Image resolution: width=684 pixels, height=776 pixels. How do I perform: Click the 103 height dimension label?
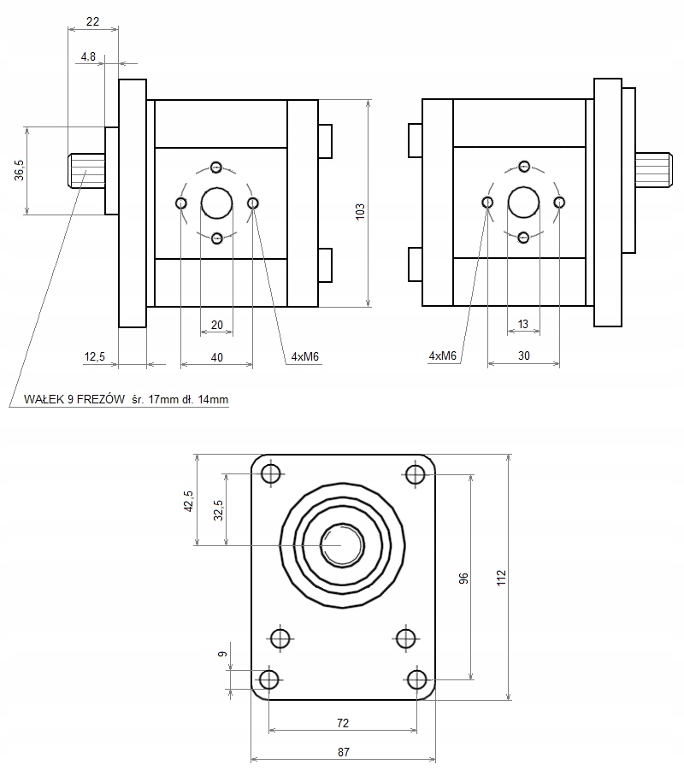[x=360, y=211]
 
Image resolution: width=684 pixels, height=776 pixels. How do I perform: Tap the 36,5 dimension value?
[x=20, y=170]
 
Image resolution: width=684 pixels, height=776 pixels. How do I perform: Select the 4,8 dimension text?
[x=88, y=57]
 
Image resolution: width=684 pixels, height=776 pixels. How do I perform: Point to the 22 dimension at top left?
[x=92, y=21]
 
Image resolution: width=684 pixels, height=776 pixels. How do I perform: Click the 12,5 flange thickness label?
[x=95, y=357]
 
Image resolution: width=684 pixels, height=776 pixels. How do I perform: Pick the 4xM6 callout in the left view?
[x=304, y=357]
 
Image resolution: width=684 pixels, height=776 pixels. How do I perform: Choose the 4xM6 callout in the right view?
[x=442, y=356]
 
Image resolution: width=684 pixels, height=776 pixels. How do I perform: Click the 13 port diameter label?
[x=523, y=324]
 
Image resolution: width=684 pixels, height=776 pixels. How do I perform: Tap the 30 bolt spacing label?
[x=523, y=356]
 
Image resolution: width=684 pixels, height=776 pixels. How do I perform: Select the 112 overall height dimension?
[x=501, y=578]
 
